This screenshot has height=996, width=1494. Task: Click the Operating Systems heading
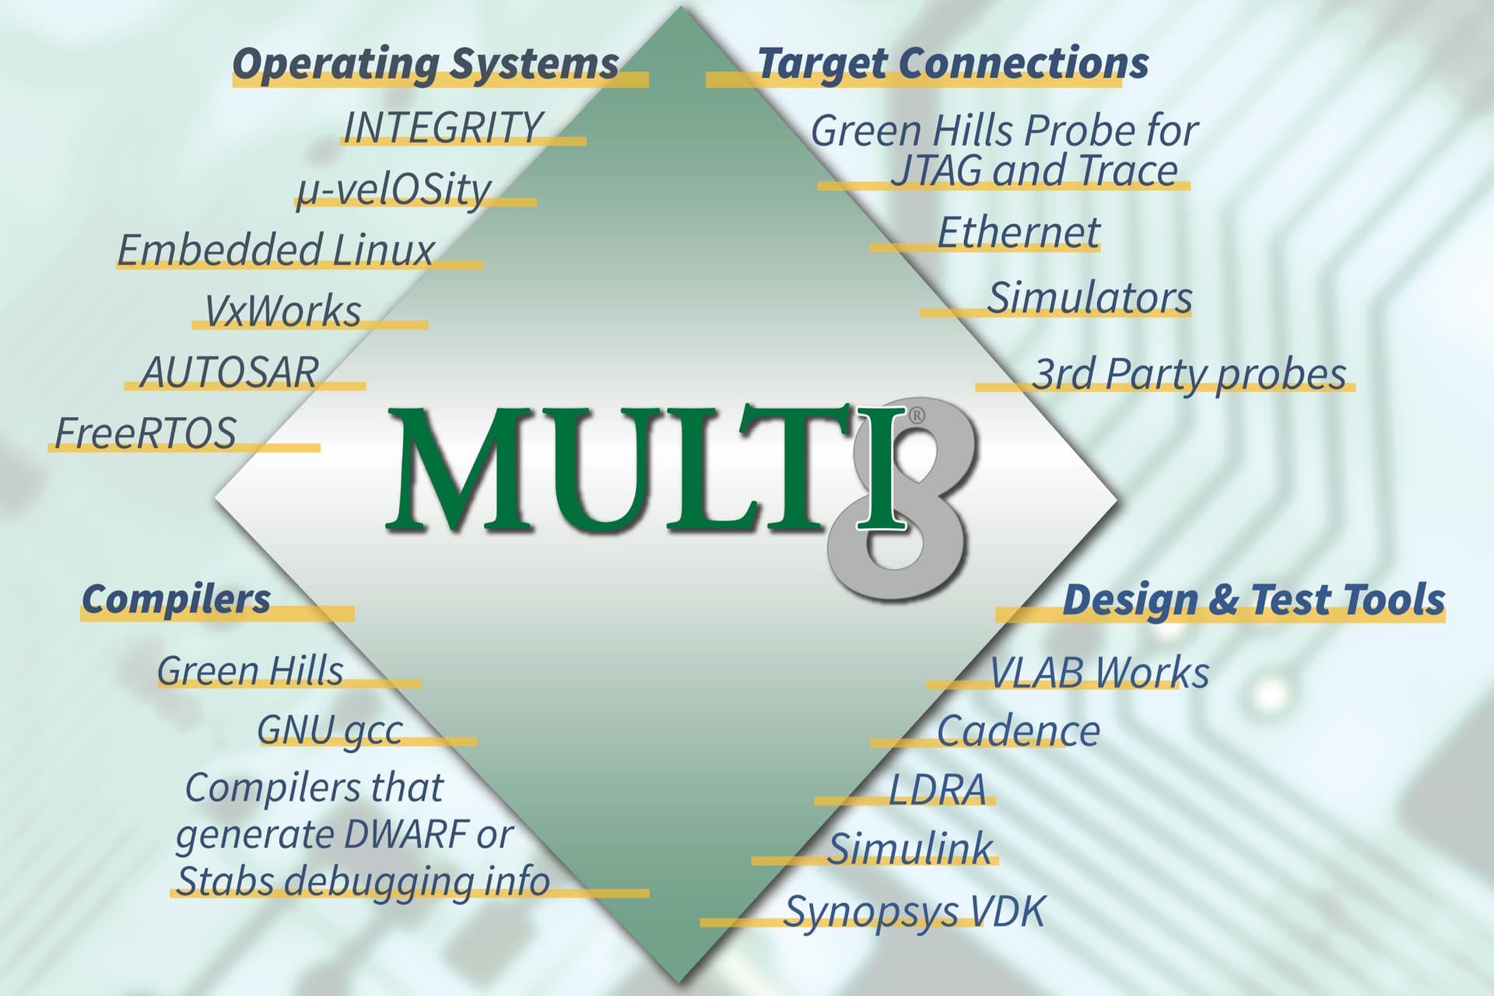426,64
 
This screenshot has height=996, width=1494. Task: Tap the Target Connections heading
952,64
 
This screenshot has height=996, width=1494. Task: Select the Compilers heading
177,599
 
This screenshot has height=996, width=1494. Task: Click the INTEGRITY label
442,128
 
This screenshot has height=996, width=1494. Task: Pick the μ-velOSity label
393,190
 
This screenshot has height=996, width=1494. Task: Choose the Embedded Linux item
275,251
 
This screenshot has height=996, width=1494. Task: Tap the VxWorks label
282,311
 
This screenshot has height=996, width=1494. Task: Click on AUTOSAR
230,372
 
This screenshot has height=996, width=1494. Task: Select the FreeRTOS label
146,433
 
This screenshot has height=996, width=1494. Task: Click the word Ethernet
1019,233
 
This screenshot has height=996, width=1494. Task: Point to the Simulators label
1089,298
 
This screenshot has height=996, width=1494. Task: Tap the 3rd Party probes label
1188,374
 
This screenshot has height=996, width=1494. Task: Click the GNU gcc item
330,731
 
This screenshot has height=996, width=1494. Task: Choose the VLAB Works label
1099,672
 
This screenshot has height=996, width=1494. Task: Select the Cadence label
1018,731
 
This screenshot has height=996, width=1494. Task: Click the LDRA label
938,790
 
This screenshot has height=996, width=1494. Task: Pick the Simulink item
910,849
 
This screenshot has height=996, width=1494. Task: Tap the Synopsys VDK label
914,911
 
